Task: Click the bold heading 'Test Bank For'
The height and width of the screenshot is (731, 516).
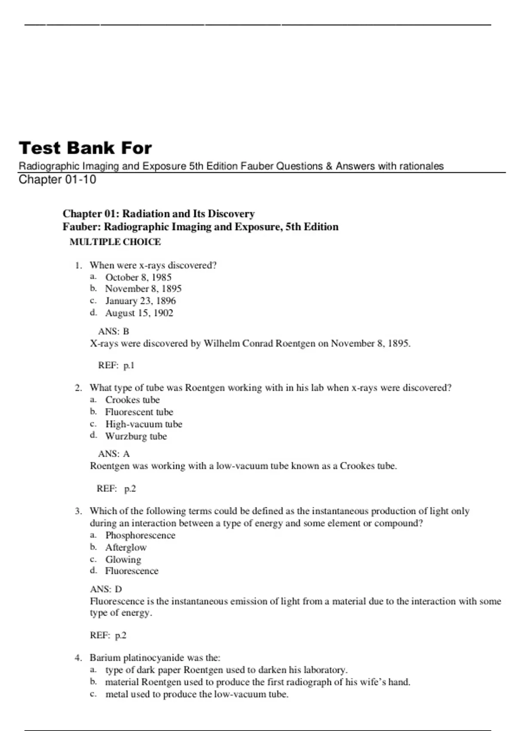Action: [x=85, y=148]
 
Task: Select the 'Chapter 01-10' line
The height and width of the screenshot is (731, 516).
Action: [x=57, y=180]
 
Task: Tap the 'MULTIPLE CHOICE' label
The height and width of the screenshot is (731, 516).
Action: [x=115, y=242]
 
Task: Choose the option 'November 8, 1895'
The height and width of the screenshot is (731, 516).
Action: [x=143, y=289]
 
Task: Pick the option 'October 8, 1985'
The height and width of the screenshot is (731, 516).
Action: [x=138, y=277]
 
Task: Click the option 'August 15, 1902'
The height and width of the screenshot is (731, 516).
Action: [x=139, y=313]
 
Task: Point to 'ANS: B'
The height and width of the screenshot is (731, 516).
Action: [x=114, y=332]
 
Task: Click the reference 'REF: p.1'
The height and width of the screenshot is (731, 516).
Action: [x=116, y=365]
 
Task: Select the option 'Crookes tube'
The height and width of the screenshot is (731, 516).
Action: [x=132, y=400]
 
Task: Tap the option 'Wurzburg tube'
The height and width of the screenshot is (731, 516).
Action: [x=136, y=436]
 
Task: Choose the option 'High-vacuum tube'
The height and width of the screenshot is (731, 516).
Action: [x=144, y=424]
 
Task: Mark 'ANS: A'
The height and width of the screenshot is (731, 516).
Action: [x=114, y=454]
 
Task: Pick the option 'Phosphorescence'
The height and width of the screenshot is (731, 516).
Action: [x=140, y=535]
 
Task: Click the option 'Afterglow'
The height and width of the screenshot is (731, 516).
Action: [x=126, y=547]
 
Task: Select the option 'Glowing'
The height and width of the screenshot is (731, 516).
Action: [x=123, y=559]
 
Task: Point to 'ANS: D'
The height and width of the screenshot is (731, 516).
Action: [x=106, y=589]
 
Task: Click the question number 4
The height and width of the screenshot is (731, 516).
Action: [x=78, y=658]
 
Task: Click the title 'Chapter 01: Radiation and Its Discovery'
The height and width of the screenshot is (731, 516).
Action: [x=159, y=214]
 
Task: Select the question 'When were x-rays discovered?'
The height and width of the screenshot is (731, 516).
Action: [x=153, y=265]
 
